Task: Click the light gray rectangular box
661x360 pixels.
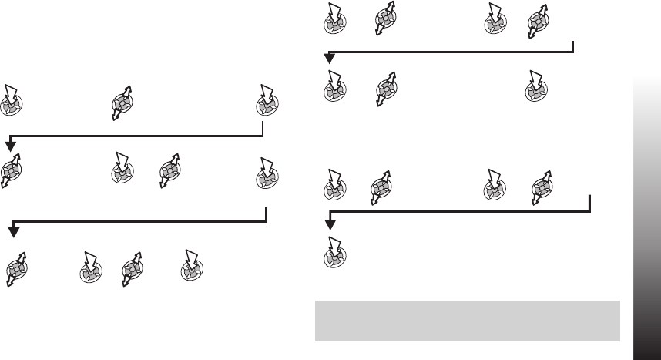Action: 468,321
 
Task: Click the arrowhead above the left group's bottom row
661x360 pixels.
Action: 13,231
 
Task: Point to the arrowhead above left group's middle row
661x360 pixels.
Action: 10,146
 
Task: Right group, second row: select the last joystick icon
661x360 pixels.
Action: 533,87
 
